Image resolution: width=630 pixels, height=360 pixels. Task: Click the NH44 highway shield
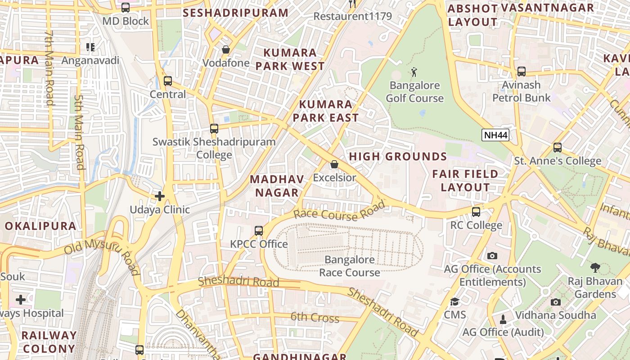coord(495,135)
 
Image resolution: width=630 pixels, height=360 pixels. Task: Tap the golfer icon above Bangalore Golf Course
coord(414,72)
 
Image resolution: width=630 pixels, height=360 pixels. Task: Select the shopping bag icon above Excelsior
coord(334,164)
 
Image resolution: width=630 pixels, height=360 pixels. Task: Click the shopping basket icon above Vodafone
coord(226,49)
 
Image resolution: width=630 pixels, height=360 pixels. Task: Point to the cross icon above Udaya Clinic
coord(160,196)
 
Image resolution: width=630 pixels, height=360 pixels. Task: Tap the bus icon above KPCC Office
coord(259,231)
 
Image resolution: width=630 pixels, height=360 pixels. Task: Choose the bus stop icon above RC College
coord(476,211)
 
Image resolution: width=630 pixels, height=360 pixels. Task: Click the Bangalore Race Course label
coord(350,266)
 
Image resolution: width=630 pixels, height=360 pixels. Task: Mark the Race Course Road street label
coord(340,211)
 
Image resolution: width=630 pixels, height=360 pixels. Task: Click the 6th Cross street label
coord(315,317)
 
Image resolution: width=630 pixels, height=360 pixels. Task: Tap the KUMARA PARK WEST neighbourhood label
coord(290,59)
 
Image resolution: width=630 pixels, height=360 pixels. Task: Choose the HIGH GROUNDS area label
coord(398,157)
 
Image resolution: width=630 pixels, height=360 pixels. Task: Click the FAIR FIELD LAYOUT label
coord(465,180)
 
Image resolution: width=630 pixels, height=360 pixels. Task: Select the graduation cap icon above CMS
coord(454,301)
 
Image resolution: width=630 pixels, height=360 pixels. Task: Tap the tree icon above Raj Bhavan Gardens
coord(595,268)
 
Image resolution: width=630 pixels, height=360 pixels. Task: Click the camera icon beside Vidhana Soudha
coord(556,302)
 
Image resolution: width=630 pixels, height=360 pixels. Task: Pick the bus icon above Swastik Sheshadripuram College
coord(214,129)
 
